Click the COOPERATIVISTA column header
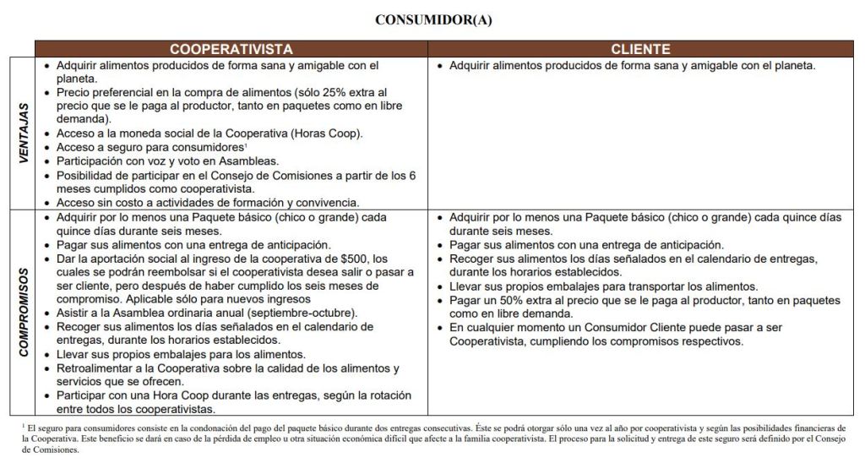point(231,49)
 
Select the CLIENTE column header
point(640,49)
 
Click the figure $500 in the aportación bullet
point(356,258)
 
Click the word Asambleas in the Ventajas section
point(251,161)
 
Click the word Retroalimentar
point(93,368)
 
